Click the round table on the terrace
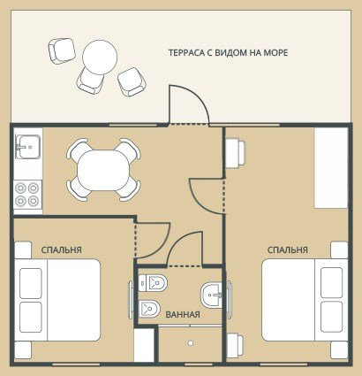pos(100,58)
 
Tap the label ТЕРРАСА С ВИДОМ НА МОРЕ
pos(228,53)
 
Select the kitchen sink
pos(28,147)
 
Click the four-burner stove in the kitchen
pos(27,194)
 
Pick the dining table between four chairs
pos(103,170)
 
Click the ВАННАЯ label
pos(183,315)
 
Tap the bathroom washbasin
pos(211,295)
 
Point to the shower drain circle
pos(191,343)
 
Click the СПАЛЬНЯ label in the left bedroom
pos(61,249)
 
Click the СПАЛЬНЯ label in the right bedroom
pos(288,249)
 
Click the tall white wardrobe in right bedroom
pos(331,168)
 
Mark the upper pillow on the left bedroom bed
pos(31,283)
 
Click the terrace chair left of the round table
pos(62,50)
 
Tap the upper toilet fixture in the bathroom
pos(153,283)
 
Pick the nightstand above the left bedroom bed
pos(23,250)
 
